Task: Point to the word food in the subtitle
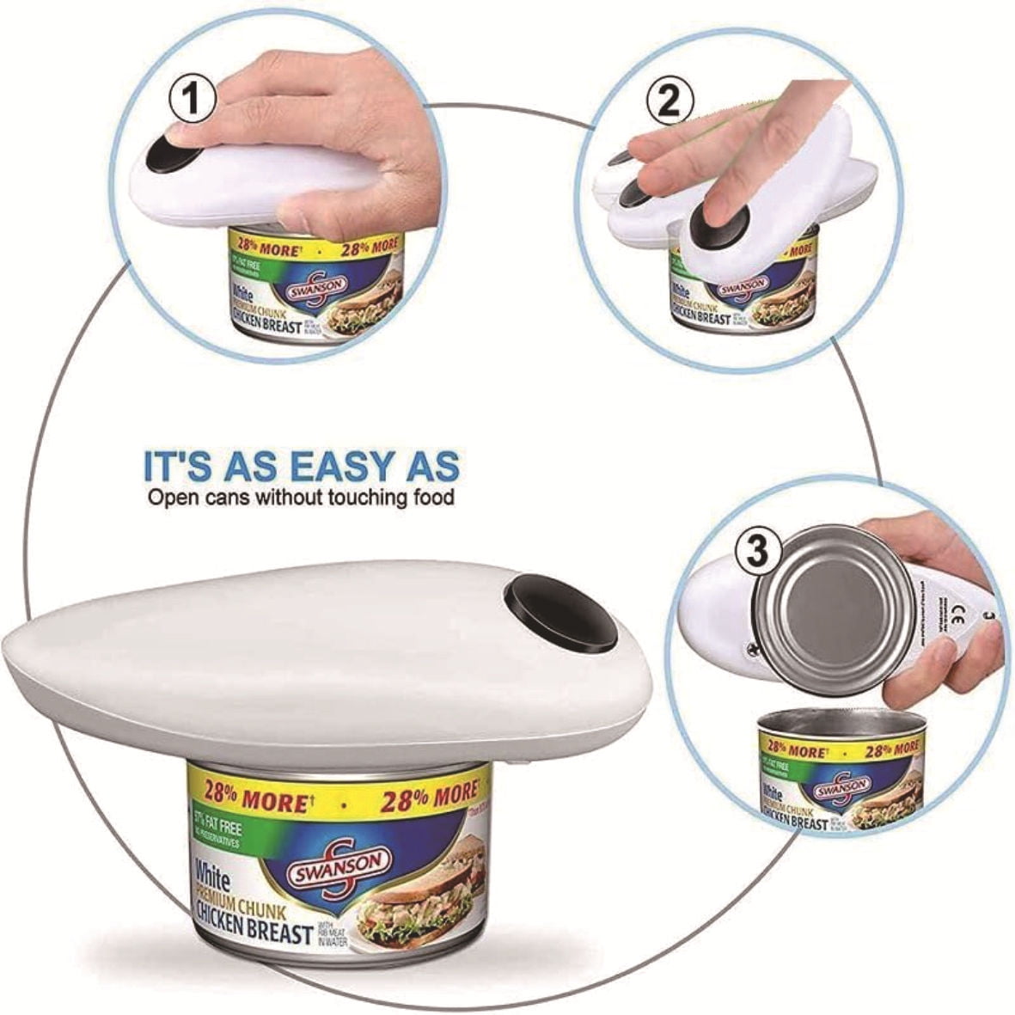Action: [431, 497]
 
